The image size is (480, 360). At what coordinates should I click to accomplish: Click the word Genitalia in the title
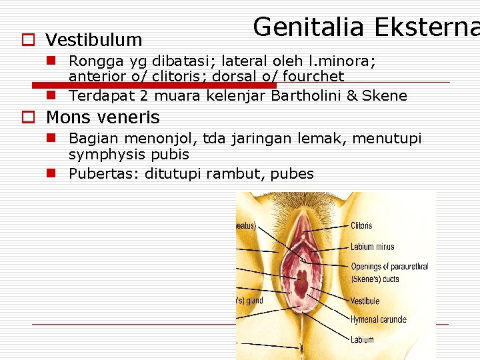click(x=309, y=27)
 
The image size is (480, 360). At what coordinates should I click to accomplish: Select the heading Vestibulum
click(x=93, y=40)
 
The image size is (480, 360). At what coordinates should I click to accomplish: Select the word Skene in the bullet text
click(x=385, y=95)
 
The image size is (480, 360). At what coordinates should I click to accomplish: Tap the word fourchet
click(x=313, y=77)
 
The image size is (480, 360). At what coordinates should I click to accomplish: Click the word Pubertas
click(x=102, y=174)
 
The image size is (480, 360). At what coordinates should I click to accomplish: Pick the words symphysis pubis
click(x=129, y=155)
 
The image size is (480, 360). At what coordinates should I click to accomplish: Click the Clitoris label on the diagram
click(x=361, y=226)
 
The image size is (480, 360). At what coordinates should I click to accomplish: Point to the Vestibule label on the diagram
click(x=365, y=301)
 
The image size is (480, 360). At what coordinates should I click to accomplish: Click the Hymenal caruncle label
click(x=379, y=320)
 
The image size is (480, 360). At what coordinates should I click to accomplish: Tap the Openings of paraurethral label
click(x=389, y=267)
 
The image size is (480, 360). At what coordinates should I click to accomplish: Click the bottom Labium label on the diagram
click(x=362, y=339)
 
